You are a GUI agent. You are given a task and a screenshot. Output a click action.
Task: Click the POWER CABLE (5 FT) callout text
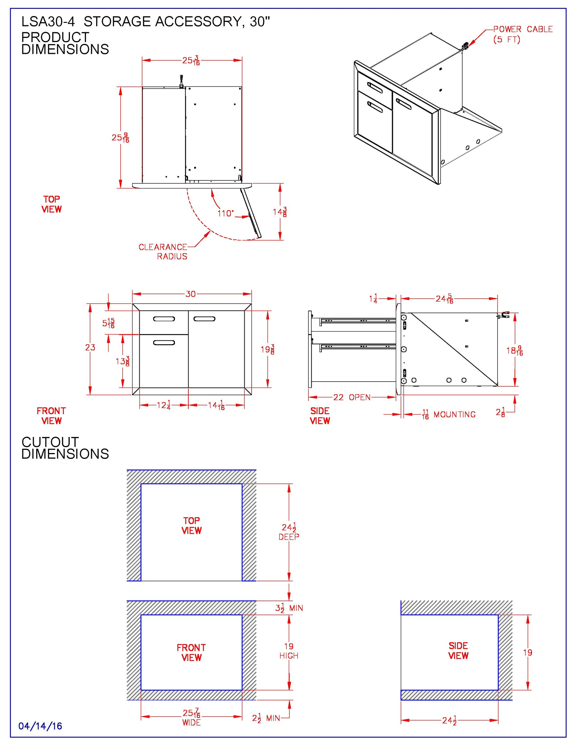tap(522, 34)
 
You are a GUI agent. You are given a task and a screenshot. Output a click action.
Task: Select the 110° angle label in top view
tap(226, 214)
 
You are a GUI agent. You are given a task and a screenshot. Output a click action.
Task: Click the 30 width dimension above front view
tap(190, 294)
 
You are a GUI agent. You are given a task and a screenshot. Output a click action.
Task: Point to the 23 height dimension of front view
tap(90, 348)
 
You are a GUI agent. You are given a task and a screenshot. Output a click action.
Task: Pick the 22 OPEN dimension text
tap(352, 397)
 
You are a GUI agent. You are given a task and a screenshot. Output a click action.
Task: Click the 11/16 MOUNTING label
tap(449, 415)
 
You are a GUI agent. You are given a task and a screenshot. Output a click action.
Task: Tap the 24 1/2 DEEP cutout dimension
tap(289, 532)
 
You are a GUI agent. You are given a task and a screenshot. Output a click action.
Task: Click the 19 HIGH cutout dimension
tap(289, 651)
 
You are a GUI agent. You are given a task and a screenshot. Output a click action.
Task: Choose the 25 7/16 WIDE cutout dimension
tap(192, 717)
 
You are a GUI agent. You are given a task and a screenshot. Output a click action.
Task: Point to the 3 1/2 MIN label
tap(289, 608)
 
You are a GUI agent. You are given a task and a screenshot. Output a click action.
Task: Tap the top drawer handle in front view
tap(164, 319)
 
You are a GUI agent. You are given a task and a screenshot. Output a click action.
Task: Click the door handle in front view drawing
tap(204, 319)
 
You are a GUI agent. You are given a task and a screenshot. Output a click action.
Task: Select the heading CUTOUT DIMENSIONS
tap(65, 448)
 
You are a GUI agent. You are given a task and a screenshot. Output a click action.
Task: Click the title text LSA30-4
tap(48, 22)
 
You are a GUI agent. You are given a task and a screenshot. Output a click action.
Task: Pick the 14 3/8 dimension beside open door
tap(280, 212)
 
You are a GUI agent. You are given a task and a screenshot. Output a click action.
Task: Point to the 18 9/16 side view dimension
tap(514, 351)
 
